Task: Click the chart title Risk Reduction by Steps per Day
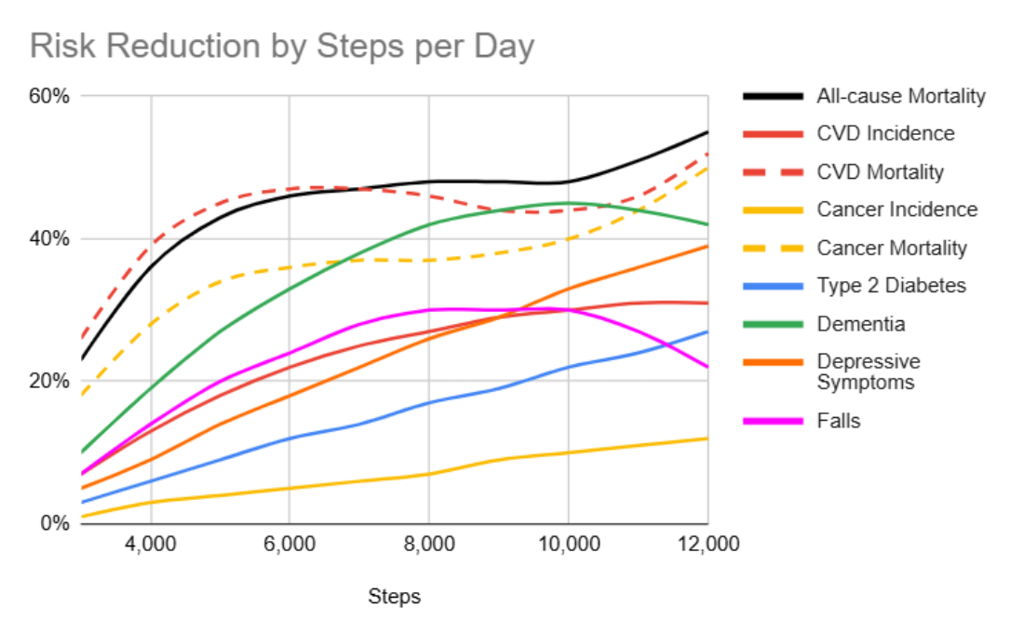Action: click(x=282, y=46)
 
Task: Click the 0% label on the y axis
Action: click(x=56, y=523)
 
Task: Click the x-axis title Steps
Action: click(x=394, y=597)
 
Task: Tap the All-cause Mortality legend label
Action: click(x=900, y=96)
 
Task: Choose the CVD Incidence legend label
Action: click(x=885, y=134)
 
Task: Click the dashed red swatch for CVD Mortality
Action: click(x=773, y=172)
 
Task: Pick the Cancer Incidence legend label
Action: click(x=896, y=210)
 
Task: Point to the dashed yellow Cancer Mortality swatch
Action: click(x=773, y=249)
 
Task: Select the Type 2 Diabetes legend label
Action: click(x=891, y=286)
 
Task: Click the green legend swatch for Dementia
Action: click(x=773, y=324)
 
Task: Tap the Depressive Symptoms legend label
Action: click(x=868, y=371)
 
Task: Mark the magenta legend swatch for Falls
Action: click(x=773, y=421)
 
